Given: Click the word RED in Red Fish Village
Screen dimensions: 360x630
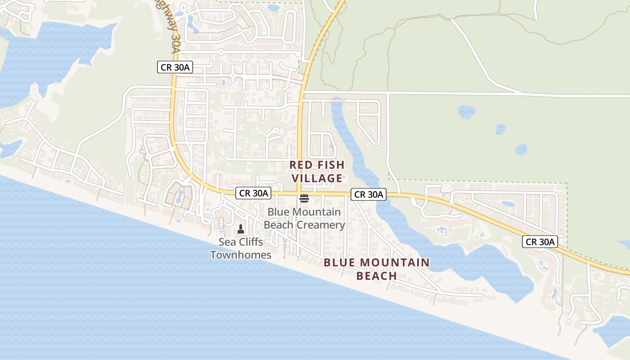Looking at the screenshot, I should pos(299,165).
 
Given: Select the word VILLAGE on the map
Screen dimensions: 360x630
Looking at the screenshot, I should pos(317,179).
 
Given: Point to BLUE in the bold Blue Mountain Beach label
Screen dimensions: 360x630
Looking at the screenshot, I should pos(339,262).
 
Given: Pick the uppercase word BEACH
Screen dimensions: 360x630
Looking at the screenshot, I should pos(376,276).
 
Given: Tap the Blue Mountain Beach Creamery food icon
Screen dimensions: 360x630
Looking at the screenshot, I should pos(304,198).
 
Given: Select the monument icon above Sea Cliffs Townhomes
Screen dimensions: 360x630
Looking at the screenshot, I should pos(241,229).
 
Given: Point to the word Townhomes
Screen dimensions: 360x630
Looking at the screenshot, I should pos(241,255).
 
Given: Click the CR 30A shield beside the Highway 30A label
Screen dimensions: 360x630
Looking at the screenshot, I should pos(175,67).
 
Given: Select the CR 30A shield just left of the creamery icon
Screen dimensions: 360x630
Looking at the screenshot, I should pos(253,193).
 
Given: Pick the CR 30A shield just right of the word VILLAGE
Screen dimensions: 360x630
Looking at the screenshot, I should pos(369,194).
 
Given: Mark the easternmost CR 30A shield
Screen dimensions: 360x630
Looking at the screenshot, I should pos(540,242).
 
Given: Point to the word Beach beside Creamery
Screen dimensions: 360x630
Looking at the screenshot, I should pos(279,225).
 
